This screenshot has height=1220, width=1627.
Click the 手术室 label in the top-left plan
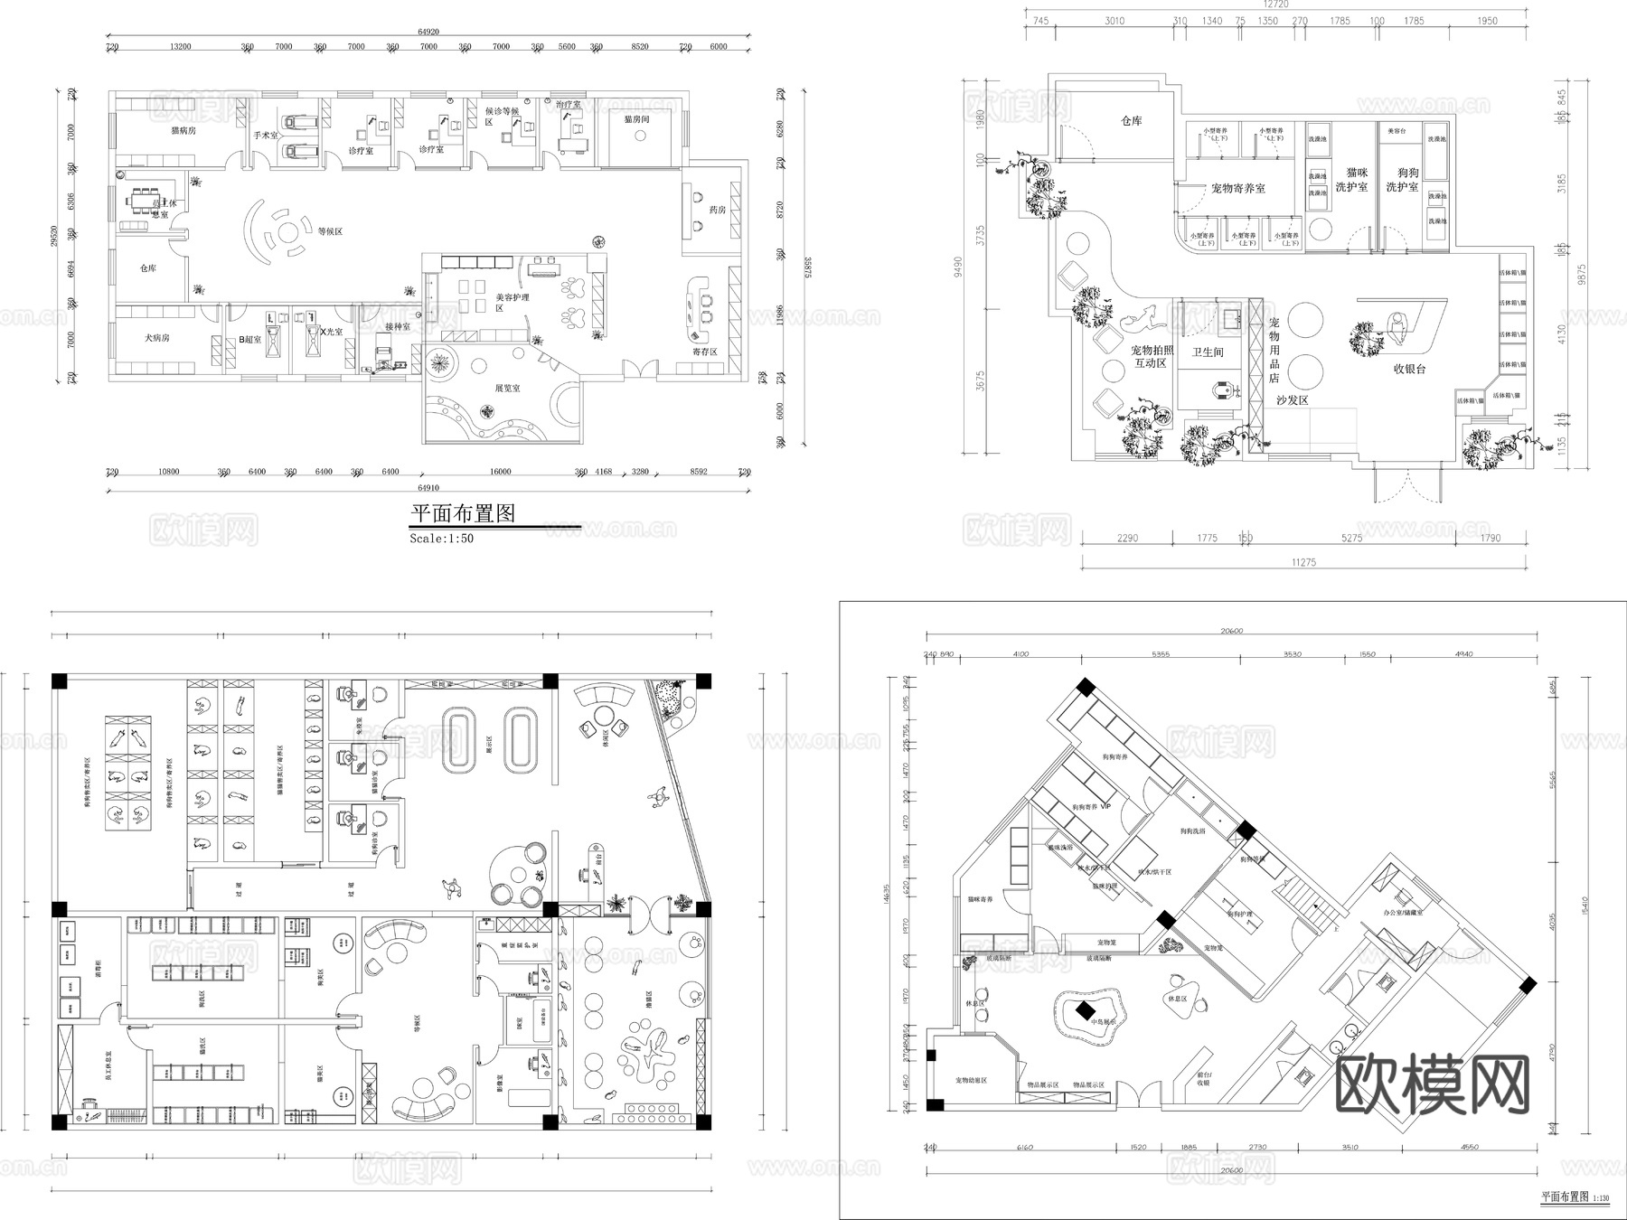point(266,136)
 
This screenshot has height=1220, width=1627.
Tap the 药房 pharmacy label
point(718,210)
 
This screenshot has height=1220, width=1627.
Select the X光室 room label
point(332,333)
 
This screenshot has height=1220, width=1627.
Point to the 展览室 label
point(507,388)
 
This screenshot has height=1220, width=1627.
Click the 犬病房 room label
point(157,338)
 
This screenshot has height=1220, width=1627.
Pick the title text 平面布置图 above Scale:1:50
point(463,514)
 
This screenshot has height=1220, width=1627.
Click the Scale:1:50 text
point(441,539)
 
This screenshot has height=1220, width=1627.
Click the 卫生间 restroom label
point(1207,352)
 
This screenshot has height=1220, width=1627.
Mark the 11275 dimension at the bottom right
point(1303,562)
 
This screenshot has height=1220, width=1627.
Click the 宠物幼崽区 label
point(971,1081)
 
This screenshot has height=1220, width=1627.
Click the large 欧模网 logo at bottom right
point(1432,1084)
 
